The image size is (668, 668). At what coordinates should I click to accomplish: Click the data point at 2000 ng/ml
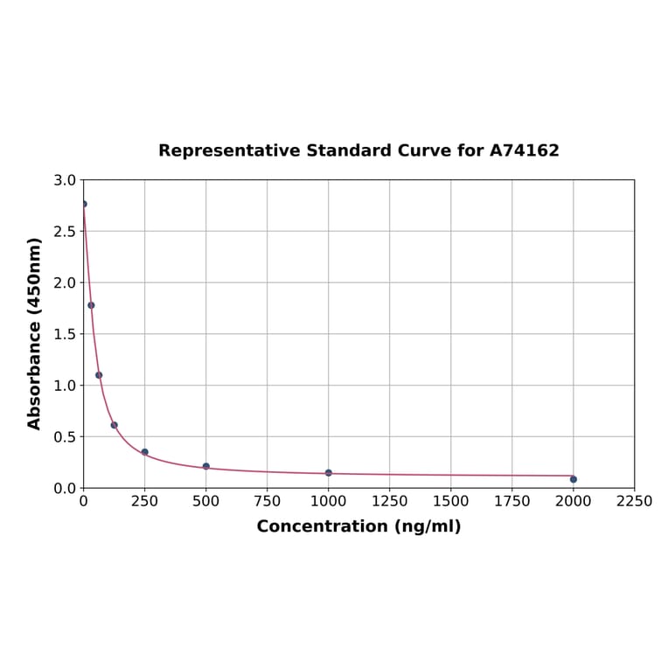[x=574, y=479]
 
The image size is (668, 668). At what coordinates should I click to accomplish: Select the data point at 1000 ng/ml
[x=329, y=473]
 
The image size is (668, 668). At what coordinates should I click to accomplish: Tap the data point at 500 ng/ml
[x=206, y=466]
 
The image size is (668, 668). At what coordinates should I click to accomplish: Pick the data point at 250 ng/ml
[x=145, y=452]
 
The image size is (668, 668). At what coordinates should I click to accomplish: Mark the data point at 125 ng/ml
[x=115, y=425]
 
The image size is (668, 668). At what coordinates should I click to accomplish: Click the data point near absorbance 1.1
[x=99, y=375]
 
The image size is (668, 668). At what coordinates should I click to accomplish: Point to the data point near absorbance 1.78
[x=91, y=305]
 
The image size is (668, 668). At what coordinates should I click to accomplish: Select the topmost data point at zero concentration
[x=84, y=204]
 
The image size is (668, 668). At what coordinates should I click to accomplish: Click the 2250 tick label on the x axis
[x=635, y=501]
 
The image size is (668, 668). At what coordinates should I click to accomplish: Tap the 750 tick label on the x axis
[x=268, y=501]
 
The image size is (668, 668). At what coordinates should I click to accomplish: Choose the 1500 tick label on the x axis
[x=451, y=501]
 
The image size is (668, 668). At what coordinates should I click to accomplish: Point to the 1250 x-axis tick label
[x=390, y=501]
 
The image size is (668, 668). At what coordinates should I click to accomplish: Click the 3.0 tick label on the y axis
[x=65, y=180]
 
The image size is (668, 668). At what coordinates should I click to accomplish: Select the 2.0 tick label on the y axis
[x=65, y=282]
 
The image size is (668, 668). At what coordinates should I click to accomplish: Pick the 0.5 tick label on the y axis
[x=65, y=436]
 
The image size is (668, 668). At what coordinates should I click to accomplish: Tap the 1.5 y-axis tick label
[x=65, y=334]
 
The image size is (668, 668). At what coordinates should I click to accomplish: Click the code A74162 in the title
[x=524, y=150]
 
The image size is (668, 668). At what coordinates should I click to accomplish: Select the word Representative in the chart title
[x=229, y=150]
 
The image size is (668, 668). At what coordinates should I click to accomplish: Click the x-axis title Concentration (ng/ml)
[x=358, y=526]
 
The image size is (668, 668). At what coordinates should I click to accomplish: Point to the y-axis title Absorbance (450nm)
[x=35, y=333]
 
